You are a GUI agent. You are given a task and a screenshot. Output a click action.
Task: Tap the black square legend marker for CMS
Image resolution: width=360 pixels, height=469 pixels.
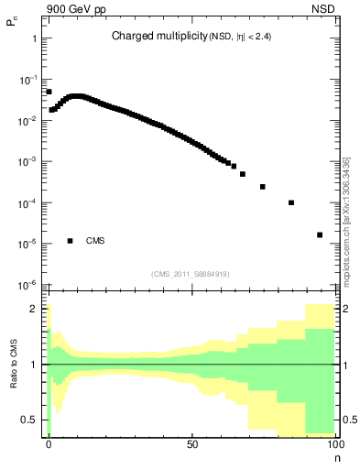point(70,241)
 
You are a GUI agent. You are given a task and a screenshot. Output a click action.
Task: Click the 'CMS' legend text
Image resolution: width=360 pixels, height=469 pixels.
point(95,241)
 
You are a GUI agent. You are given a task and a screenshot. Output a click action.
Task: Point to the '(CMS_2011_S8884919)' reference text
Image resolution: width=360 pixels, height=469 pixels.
point(190,273)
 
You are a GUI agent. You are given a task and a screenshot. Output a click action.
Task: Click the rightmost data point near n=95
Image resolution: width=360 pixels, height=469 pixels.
point(320,234)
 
